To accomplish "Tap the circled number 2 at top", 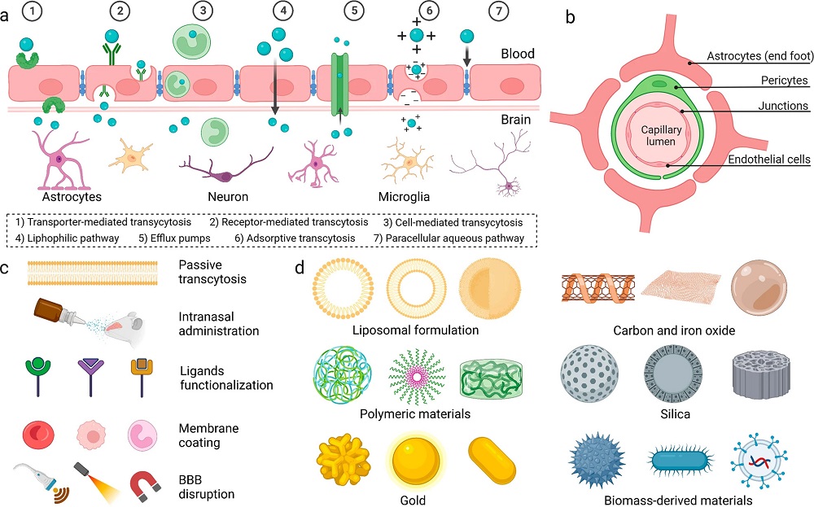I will [x=120, y=12].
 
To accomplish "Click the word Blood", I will [x=518, y=55].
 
